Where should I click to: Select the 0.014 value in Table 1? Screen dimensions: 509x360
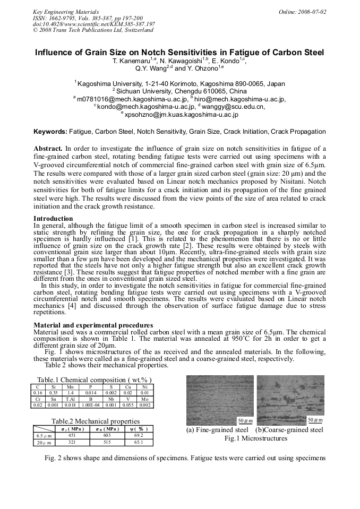click(91, 392)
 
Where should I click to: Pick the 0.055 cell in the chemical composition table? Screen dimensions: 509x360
click(127, 405)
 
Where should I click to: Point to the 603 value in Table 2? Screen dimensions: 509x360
click(106, 435)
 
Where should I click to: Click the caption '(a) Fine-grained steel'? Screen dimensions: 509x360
click(218, 430)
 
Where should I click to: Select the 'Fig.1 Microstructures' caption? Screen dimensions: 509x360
click(255, 438)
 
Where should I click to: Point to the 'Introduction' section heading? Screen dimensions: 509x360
click(53, 219)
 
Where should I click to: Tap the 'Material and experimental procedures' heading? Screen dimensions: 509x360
click(93, 325)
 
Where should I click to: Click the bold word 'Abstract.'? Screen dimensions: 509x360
click(48, 148)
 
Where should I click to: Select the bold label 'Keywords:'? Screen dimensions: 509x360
click(50, 131)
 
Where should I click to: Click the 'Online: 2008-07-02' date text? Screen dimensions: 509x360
click(303, 12)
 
